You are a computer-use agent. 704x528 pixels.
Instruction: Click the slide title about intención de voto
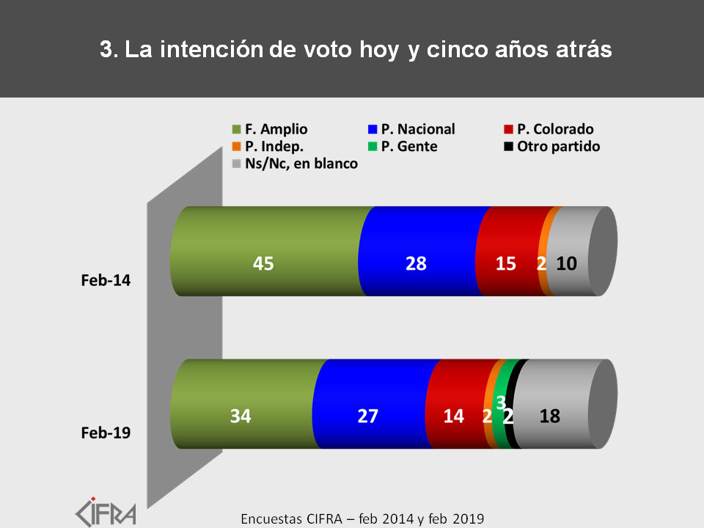(355, 49)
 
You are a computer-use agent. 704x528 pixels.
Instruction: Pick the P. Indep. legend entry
(264, 146)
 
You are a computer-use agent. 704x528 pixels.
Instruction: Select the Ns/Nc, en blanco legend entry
(293, 164)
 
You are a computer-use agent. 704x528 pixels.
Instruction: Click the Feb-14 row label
(106, 280)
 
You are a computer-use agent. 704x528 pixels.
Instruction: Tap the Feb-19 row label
(106, 433)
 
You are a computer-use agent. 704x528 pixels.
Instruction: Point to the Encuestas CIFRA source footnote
(362, 518)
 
